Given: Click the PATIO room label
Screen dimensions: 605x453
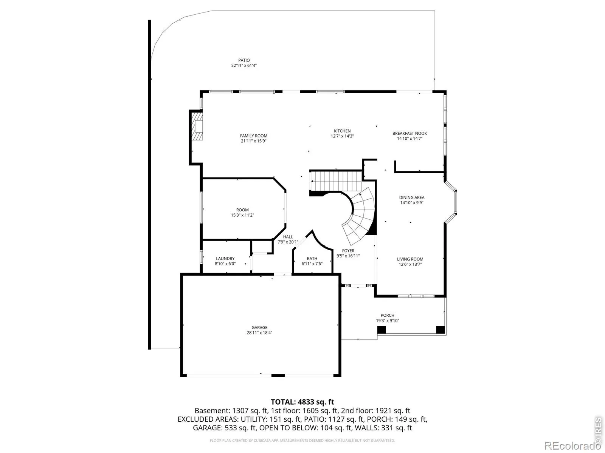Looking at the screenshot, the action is (x=244, y=60).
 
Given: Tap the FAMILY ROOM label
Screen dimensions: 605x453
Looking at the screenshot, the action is (x=254, y=136).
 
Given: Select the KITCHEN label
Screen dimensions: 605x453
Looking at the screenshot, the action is (x=342, y=131).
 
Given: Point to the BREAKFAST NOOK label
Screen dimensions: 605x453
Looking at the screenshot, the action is (x=410, y=133).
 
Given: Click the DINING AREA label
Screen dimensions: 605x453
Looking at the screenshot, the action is (x=411, y=197).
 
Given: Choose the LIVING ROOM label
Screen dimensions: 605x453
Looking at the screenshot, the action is (x=410, y=259).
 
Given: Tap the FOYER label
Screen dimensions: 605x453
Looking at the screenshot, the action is (x=348, y=251).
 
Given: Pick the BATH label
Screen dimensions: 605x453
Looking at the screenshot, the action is (x=312, y=259).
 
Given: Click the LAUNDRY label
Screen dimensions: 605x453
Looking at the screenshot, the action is (x=225, y=259).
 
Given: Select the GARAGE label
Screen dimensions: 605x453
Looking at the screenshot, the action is (x=259, y=328).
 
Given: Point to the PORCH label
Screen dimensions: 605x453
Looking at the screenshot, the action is (x=387, y=315).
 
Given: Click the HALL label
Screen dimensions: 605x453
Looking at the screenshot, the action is (x=288, y=237).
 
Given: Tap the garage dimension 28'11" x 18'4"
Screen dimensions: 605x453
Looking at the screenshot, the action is (x=259, y=333).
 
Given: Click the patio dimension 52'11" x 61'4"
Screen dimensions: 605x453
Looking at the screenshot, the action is (x=244, y=65).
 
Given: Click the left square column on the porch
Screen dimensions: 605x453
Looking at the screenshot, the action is (x=382, y=330).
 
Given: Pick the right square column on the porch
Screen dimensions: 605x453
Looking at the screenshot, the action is (x=440, y=330).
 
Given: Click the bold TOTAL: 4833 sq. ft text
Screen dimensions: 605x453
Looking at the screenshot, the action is (x=302, y=402).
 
